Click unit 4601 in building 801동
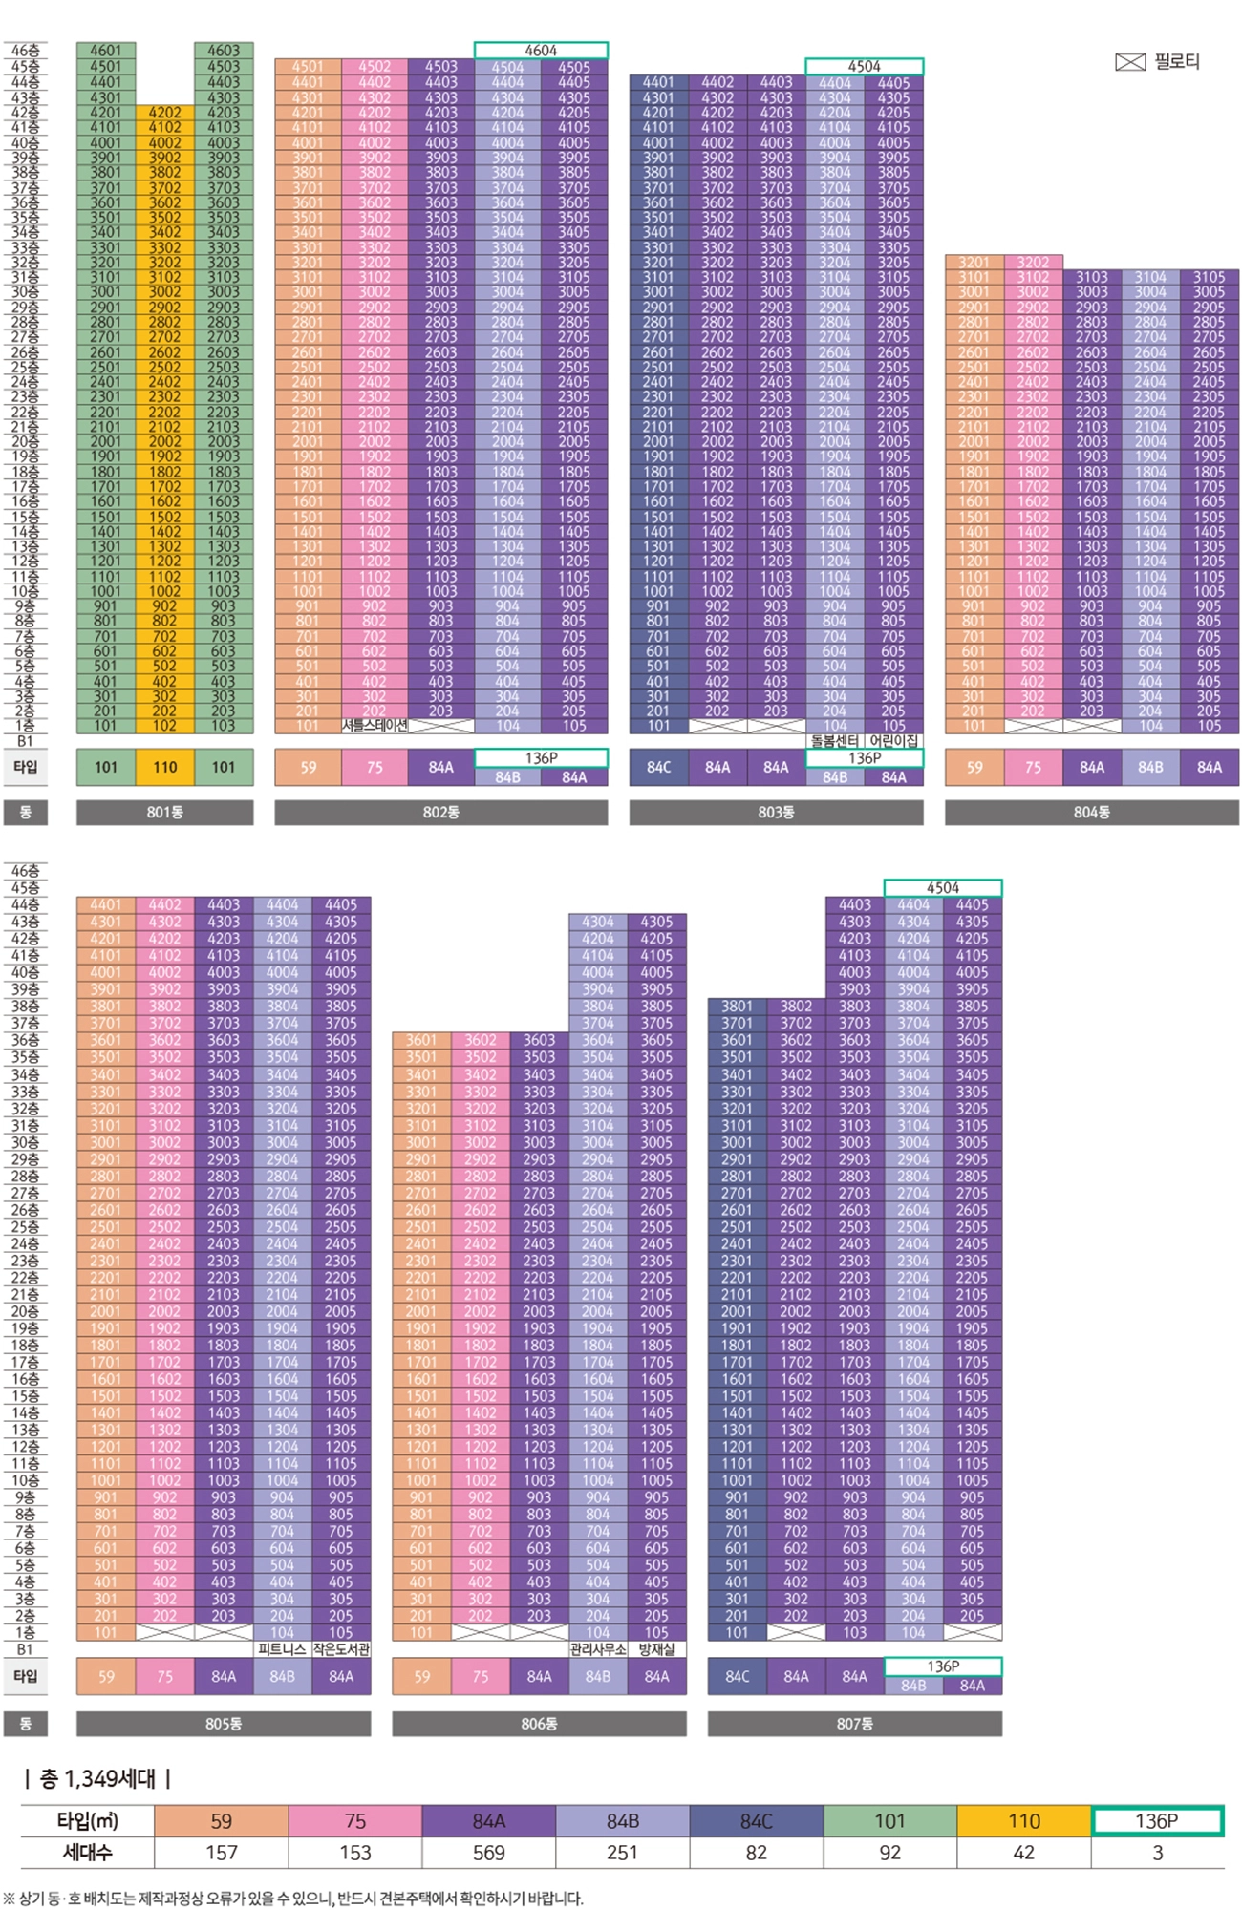point(105,51)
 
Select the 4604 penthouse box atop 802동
point(541,51)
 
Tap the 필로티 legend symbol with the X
point(1130,62)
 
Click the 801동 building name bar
point(164,812)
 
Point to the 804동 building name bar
point(1091,812)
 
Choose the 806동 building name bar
point(539,1724)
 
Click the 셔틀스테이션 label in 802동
point(375,726)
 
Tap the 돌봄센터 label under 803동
point(834,741)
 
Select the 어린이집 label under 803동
point(893,741)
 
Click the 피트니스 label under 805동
point(282,1649)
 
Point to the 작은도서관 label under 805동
point(341,1649)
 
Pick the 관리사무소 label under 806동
point(597,1649)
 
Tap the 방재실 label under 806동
point(656,1649)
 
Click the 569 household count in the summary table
point(488,1853)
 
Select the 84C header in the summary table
point(756,1821)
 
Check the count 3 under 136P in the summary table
point(1157,1853)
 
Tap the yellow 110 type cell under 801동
point(164,767)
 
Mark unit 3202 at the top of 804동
point(1033,263)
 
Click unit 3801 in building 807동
point(737,1006)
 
